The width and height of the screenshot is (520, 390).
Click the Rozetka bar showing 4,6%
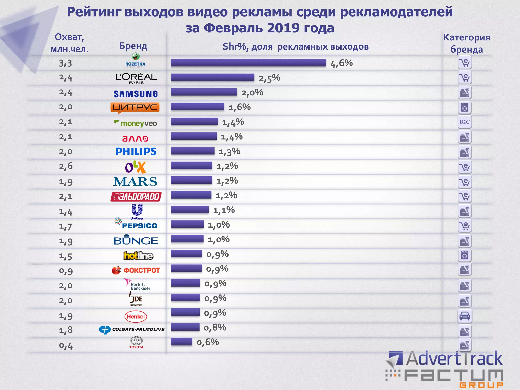[x=248, y=63]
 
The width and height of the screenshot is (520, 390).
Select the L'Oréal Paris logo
[x=136, y=78]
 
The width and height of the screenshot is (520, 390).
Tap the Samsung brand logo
[x=136, y=94]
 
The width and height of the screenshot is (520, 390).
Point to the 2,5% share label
[x=269, y=78]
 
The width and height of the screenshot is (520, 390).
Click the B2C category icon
[x=464, y=122]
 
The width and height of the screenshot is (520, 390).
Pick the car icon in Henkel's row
[x=465, y=316]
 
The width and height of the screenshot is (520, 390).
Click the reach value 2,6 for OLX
[x=66, y=166]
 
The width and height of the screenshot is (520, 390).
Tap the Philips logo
[x=136, y=152]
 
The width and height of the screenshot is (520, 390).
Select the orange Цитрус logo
[x=135, y=108]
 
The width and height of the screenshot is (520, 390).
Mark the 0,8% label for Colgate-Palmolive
[x=215, y=328]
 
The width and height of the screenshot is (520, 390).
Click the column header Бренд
[x=133, y=46]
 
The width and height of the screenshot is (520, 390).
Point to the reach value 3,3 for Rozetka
[x=66, y=63]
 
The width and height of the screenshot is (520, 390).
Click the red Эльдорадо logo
[x=136, y=197]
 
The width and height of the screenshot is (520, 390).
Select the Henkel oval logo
[x=136, y=317]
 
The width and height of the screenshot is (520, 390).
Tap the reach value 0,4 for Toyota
[x=66, y=346]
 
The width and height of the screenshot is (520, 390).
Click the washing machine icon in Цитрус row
[x=464, y=108]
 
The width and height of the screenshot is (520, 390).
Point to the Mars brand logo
[x=135, y=182]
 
